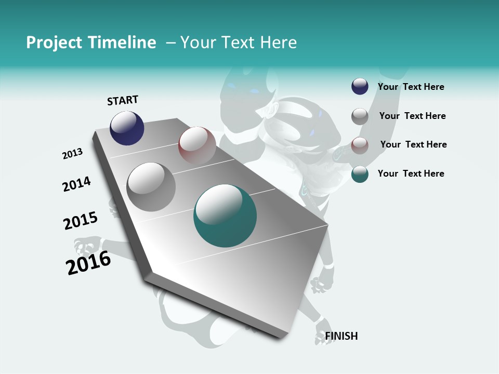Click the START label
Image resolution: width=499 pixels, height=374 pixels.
(x=123, y=100)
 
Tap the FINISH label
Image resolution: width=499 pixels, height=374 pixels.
(x=342, y=336)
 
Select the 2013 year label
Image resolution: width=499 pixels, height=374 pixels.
(x=73, y=154)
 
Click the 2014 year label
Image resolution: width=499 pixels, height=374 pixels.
(x=76, y=184)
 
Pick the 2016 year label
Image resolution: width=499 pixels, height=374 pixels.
(x=88, y=263)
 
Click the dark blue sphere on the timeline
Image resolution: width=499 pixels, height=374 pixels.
(x=127, y=128)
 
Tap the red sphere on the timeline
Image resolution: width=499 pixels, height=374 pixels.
(x=197, y=144)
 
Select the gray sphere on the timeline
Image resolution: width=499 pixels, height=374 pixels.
(x=151, y=186)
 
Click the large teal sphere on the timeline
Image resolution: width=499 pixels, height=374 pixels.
(x=225, y=216)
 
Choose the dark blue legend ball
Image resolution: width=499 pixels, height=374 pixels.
(x=360, y=87)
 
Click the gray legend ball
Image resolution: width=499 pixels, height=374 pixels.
(x=360, y=116)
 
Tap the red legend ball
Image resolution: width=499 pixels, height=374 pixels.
(x=360, y=145)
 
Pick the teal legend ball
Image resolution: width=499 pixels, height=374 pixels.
(x=360, y=174)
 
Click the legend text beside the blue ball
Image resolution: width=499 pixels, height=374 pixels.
(x=411, y=87)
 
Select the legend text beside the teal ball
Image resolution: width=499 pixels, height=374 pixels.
(x=411, y=173)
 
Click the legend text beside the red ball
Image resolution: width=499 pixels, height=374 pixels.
(x=413, y=144)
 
